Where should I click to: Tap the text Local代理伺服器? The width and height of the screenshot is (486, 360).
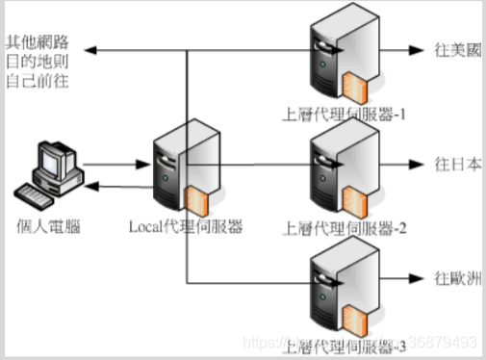pos(185,226)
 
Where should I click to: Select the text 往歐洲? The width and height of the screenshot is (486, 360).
pos(452,280)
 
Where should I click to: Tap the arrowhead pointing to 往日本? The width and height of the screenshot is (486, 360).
pos(417,164)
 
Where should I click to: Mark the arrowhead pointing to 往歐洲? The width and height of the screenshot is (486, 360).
pos(417,280)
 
